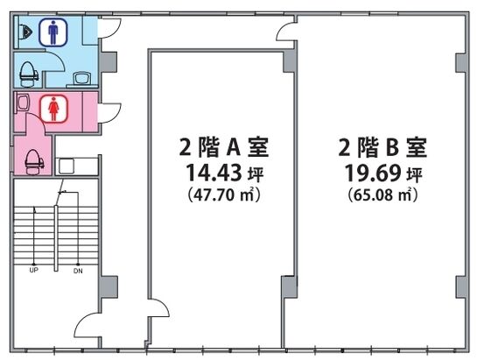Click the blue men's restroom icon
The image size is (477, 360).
tap(55, 33)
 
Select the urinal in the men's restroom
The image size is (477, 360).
tap(26, 33)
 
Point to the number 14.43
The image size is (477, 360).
tap(206, 170)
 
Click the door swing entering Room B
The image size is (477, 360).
tap(286, 32)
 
